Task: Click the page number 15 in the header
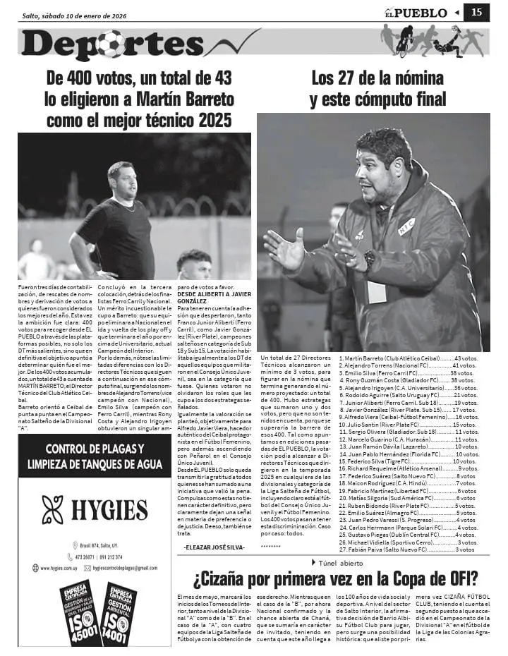pos(476,12)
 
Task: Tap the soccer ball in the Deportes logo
pos(111,44)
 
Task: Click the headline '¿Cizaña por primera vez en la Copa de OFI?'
pos(335,580)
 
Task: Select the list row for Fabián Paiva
pos(406,549)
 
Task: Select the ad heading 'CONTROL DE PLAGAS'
pos(95,449)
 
